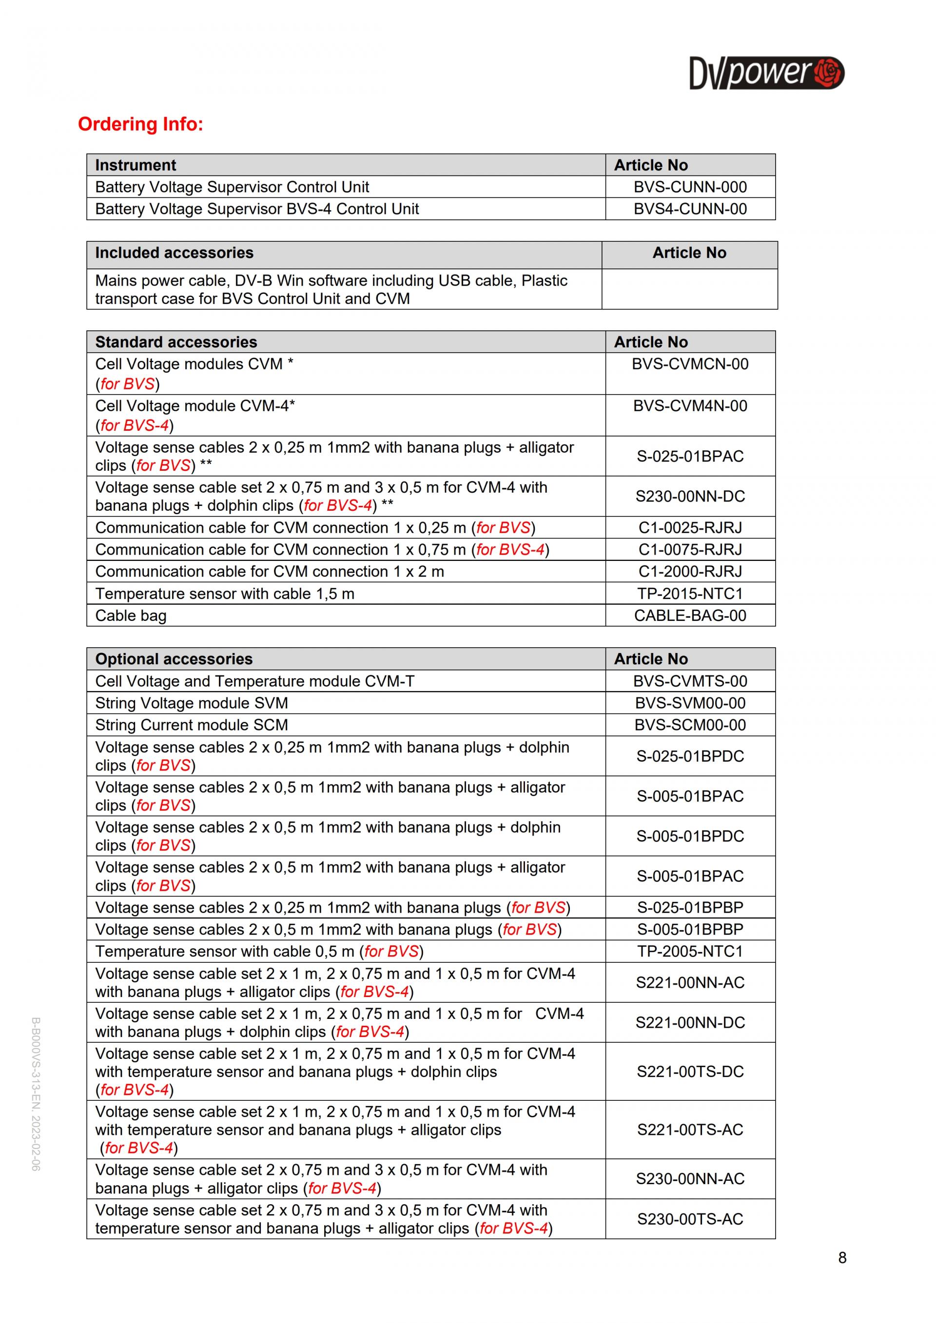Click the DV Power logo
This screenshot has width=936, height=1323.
[x=766, y=73]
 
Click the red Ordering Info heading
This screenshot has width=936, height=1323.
[x=140, y=124]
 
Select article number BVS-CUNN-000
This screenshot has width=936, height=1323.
[x=690, y=187]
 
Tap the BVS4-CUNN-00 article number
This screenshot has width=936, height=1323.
[x=690, y=209]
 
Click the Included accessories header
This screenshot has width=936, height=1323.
[x=174, y=253]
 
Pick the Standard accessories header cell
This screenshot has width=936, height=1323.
[x=176, y=342]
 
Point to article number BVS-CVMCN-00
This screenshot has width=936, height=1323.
[x=690, y=364]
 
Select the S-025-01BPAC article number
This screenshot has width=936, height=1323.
[x=690, y=457]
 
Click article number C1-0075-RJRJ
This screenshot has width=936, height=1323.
[x=690, y=550]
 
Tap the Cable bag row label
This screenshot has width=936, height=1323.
[x=131, y=615]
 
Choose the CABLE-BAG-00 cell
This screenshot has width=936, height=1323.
[x=690, y=615]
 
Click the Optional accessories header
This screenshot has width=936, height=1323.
[x=174, y=659]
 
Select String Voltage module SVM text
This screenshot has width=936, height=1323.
[x=192, y=703]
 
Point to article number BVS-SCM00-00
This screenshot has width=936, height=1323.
[x=690, y=725]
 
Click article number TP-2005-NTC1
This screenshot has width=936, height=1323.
[x=690, y=951]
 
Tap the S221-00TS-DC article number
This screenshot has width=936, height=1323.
[x=690, y=1072]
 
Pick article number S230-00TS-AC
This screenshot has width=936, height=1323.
[x=690, y=1219]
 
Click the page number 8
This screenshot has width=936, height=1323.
[x=842, y=1258]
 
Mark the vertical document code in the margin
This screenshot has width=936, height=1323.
[x=36, y=1093]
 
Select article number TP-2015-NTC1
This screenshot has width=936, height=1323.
[x=690, y=594]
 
